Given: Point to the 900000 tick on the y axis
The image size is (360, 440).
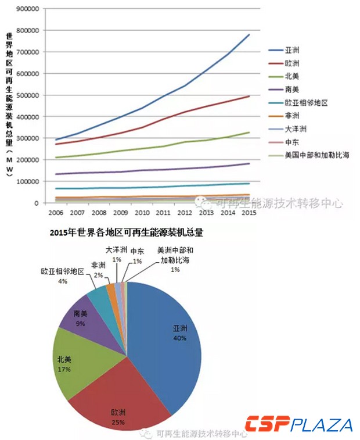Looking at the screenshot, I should point(27,9).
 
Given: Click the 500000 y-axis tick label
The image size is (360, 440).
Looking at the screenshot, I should point(27,95).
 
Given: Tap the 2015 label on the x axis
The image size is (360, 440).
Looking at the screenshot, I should point(249,213).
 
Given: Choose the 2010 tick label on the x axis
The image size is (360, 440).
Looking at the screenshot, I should point(141,213).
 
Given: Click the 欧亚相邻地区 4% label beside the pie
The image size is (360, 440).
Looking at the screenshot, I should point(63,276).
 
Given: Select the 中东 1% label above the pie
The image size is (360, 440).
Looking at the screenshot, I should point(138,256).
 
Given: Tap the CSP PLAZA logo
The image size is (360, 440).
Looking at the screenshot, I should point(298,425).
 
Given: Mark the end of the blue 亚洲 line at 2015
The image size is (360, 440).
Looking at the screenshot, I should point(249,34).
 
